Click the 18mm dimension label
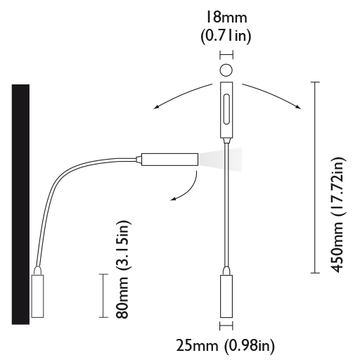[226, 18]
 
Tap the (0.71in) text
[226, 36]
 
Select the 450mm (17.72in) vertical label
[338, 215]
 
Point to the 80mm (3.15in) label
[122, 269]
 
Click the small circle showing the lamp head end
[226, 70]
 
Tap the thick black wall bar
[20, 205]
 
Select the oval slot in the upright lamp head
[226, 109]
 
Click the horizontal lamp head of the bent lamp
[169, 160]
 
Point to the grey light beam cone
[220, 160]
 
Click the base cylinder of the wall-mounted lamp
[37, 296]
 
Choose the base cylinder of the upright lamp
[226, 296]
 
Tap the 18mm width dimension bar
[226, 56]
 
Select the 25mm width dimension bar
[226, 326]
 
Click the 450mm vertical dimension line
[315, 177]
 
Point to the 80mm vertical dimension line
[103, 295]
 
